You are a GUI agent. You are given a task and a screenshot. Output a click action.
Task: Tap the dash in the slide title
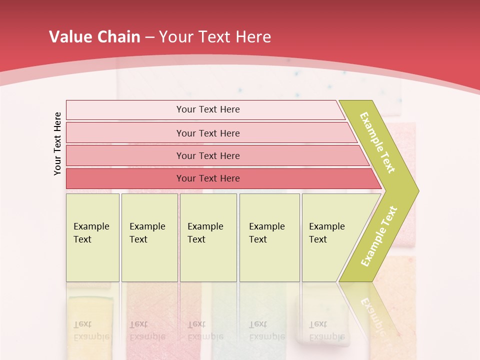click(149, 37)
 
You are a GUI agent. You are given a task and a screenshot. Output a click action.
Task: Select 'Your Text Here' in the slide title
click(215, 37)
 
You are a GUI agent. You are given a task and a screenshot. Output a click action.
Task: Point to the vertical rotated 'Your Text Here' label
click(57, 143)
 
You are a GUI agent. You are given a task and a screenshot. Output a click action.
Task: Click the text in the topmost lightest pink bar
click(208, 109)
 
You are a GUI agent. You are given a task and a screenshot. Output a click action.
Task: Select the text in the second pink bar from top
click(208, 133)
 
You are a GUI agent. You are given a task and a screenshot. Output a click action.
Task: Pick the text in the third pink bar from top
click(208, 155)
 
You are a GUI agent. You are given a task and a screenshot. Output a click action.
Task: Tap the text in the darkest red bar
click(208, 178)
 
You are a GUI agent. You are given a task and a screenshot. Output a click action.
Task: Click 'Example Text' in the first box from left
click(91, 232)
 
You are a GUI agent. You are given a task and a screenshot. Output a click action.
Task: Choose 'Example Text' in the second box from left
click(147, 232)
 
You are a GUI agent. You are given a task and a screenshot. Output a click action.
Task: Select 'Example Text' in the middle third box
click(205, 232)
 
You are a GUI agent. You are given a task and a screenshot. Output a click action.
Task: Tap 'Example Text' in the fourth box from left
click(266, 232)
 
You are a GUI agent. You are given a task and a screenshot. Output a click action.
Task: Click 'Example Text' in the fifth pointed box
click(326, 232)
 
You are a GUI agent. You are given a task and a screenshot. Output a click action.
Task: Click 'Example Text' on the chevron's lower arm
click(379, 236)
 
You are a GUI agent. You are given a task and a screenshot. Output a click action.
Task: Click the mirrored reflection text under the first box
click(91, 330)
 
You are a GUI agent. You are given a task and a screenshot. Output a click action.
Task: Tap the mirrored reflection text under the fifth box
click(326, 330)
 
